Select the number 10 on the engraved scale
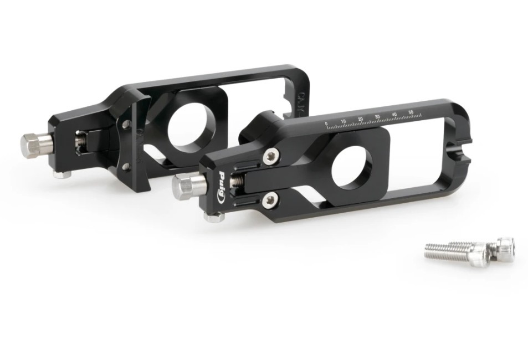(344, 121)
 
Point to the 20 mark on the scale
(361, 119)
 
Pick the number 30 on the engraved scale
(377, 116)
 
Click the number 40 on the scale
(394, 114)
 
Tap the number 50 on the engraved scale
(411, 112)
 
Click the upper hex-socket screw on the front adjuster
(270, 157)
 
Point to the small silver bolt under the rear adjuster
(61, 174)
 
